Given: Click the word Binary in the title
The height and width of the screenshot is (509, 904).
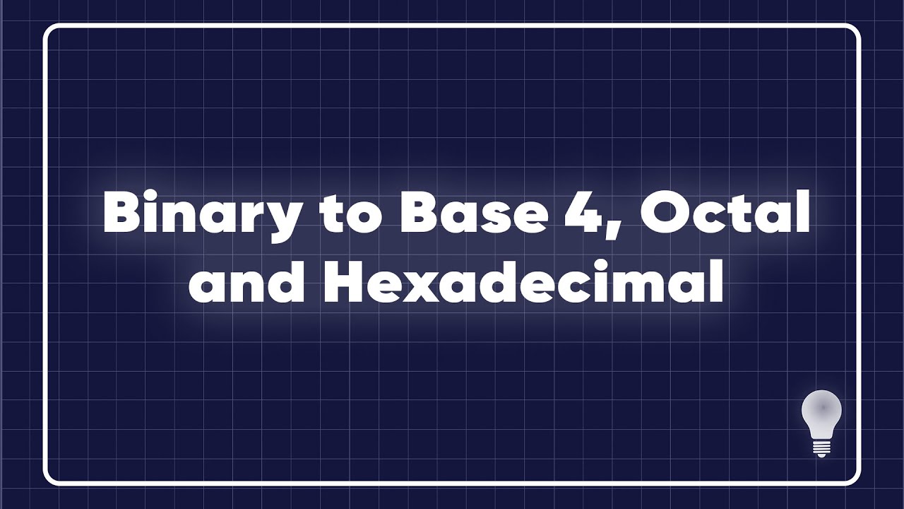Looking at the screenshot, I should tap(201, 213).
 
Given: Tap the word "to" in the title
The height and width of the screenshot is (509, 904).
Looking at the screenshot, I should tap(345, 213).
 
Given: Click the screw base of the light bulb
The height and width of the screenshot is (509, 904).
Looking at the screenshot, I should tap(821, 447).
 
